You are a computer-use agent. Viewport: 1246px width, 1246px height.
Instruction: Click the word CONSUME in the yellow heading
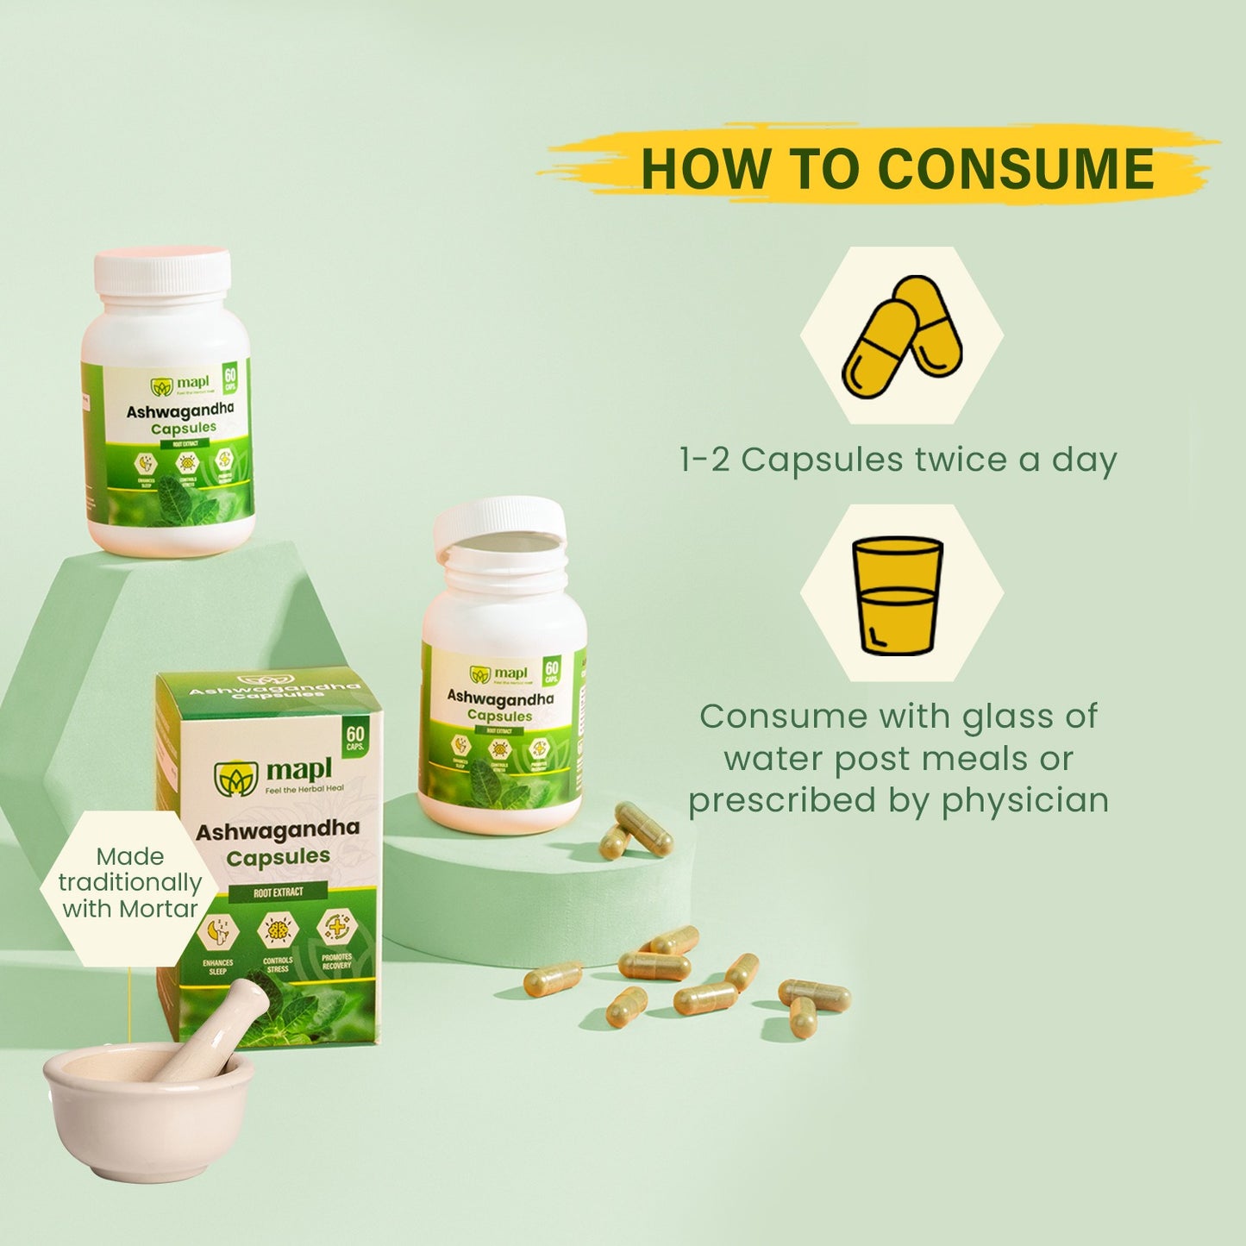coord(1016,168)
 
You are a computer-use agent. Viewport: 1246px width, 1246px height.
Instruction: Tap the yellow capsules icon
coord(901,335)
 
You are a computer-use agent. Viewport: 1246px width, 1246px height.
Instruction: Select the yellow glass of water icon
coord(897,595)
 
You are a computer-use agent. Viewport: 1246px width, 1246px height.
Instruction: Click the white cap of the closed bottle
coord(162,271)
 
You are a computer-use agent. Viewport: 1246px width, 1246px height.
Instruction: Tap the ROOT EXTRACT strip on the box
coord(278,892)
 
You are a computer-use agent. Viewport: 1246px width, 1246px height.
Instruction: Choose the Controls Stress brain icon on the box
coord(277,930)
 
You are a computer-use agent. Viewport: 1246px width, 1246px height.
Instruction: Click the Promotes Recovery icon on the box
coord(335,927)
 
